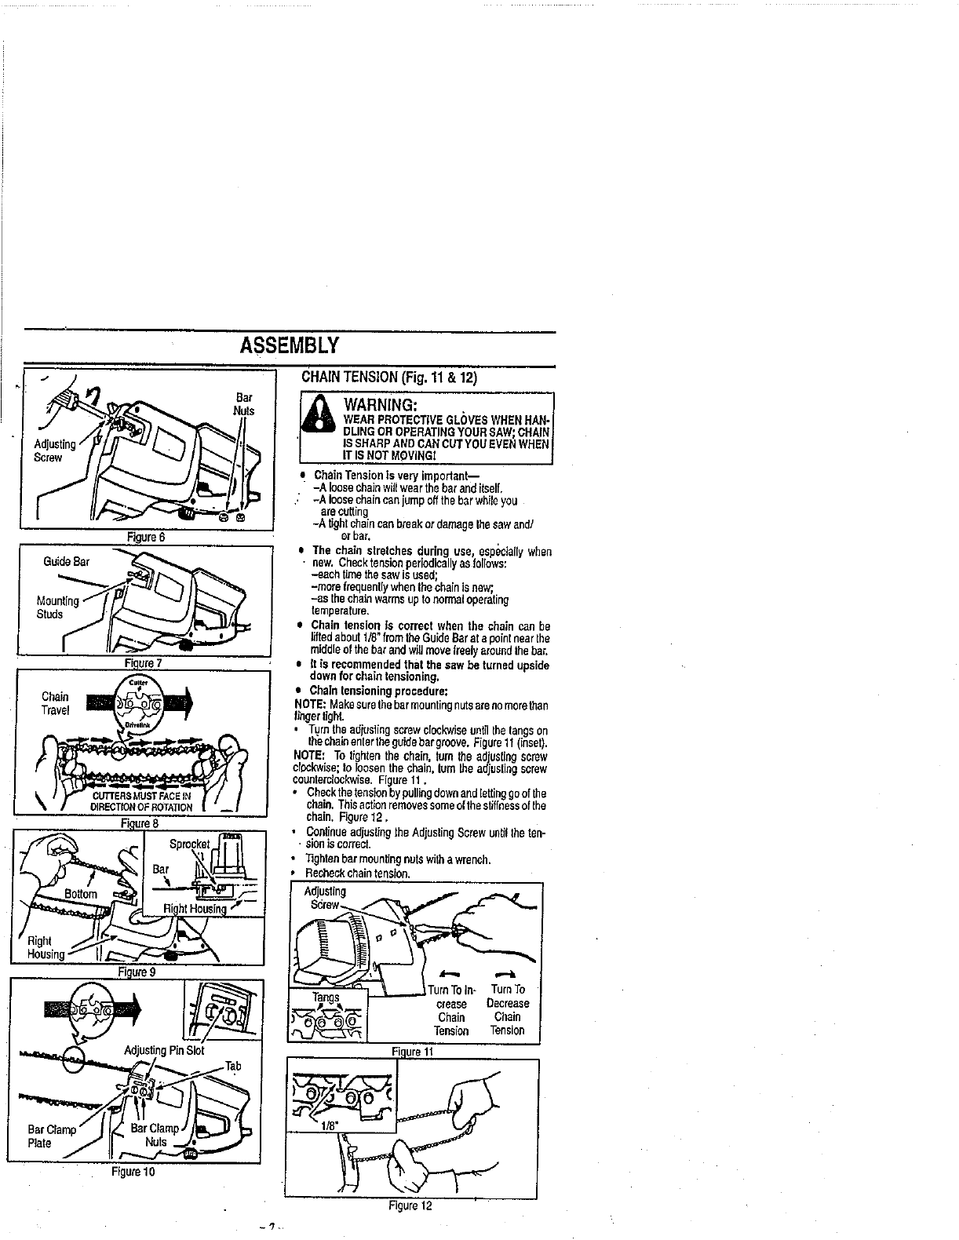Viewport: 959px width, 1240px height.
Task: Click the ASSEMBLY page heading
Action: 290,346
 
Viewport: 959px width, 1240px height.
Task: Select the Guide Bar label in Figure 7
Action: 67,562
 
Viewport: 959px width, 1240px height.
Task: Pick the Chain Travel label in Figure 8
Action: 55,703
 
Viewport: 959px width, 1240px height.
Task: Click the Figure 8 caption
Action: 140,823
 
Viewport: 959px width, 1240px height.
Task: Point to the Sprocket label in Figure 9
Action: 189,846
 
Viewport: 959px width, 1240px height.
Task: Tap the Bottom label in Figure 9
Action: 80,894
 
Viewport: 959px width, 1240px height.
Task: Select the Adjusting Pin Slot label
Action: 164,1051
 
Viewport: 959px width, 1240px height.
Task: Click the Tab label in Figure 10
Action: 233,1066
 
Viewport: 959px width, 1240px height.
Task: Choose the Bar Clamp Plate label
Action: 51,1136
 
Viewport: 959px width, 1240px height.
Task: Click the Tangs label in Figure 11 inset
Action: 325,997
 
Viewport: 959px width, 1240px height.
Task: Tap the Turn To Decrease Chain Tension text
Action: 508,1010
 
